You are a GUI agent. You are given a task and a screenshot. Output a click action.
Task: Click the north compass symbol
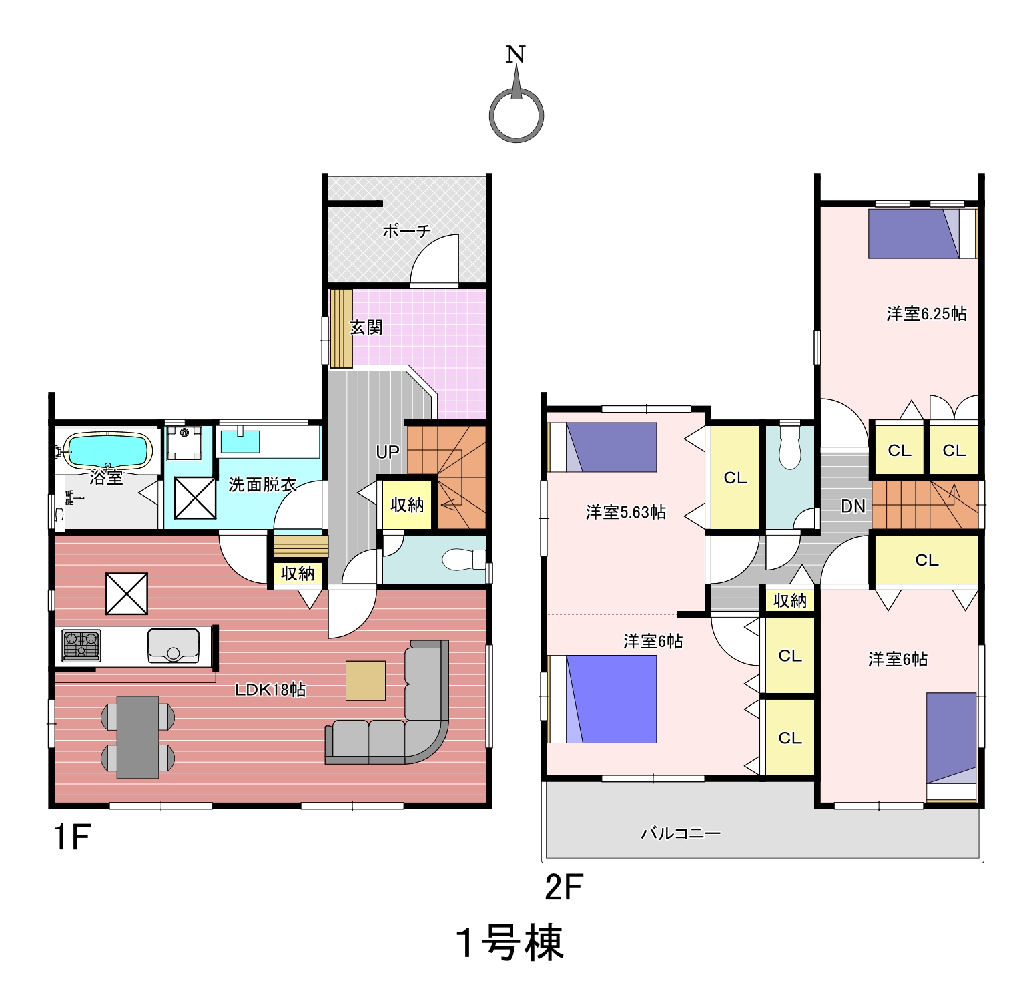(x=516, y=115)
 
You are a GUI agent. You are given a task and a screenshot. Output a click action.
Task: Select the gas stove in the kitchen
(x=81, y=645)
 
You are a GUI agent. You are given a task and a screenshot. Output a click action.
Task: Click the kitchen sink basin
(x=174, y=645)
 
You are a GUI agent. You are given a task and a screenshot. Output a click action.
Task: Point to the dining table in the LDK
(x=137, y=737)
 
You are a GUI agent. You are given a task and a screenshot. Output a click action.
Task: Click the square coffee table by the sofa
(x=366, y=680)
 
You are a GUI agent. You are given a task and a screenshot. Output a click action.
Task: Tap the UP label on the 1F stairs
(x=388, y=452)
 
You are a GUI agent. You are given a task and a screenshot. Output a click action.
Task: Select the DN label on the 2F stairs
(x=853, y=506)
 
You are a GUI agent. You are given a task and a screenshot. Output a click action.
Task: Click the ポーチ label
(x=406, y=231)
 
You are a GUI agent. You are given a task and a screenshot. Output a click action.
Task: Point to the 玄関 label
(x=366, y=327)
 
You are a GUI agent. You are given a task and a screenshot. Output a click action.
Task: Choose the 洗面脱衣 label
(x=262, y=484)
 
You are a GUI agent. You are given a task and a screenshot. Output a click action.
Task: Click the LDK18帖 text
(x=270, y=689)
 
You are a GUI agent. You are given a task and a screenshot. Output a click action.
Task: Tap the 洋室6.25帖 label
(x=926, y=313)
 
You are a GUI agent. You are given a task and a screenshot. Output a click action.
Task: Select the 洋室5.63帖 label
(x=625, y=512)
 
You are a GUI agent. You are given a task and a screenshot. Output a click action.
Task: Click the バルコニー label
(x=681, y=833)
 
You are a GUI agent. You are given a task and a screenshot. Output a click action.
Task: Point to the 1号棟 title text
(x=510, y=943)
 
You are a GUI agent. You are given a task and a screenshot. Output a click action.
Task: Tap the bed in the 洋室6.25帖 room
(x=923, y=234)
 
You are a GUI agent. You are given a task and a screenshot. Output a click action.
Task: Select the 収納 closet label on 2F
(x=790, y=601)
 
